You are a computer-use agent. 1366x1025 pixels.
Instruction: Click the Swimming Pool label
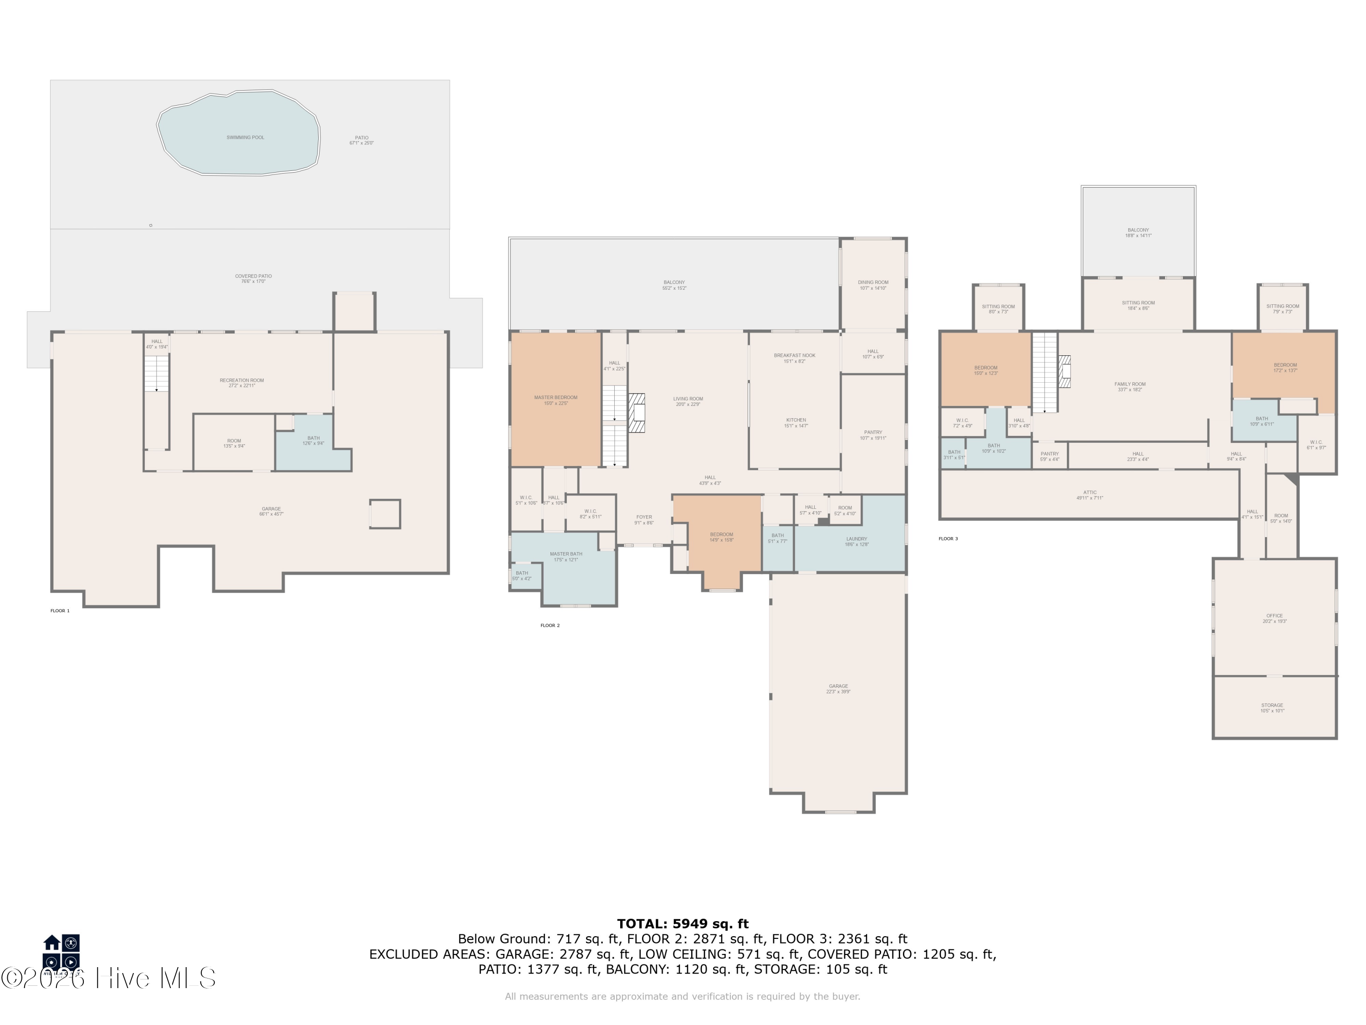[245, 138]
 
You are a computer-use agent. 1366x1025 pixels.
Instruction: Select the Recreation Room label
[241, 383]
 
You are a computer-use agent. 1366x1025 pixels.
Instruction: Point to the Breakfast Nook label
[794, 358]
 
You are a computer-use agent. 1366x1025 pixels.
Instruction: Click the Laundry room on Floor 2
[856, 541]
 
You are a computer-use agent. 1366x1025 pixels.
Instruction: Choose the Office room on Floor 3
[1274, 618]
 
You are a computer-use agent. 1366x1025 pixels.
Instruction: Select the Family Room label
[1130, 386]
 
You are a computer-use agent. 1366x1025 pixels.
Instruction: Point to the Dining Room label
[872, 285]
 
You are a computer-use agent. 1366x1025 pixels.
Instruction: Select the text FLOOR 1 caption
[60, 610]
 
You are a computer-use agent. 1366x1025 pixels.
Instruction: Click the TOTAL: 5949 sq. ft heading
[683, 924]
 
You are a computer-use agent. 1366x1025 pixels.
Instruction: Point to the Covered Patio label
[253, 278]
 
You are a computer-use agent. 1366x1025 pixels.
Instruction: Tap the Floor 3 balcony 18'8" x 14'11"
[1137, 232]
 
